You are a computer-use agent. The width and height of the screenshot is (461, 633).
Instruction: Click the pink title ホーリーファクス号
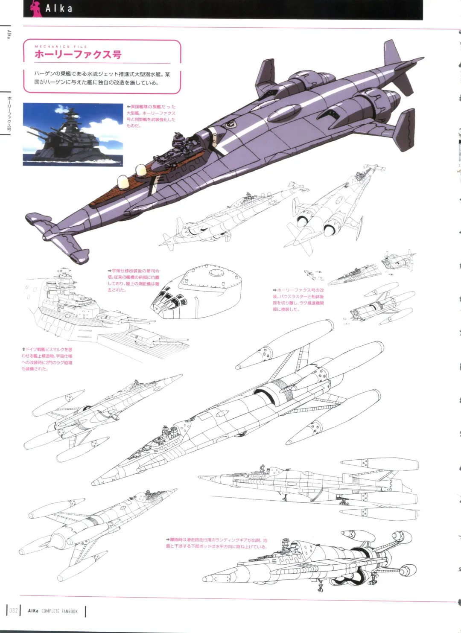click(78, 54)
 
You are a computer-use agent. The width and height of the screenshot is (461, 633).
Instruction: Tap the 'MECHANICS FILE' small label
click(61, 47)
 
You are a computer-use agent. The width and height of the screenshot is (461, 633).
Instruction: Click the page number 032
click(14, 611)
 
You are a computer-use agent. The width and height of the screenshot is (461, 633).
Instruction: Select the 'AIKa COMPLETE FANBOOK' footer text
click(53, 611)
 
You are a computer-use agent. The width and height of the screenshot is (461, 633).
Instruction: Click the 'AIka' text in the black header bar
click(59, 9)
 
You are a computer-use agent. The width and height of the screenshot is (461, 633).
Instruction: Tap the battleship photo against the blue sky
click(73, 134)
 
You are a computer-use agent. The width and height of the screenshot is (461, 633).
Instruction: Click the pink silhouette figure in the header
click(37, 9)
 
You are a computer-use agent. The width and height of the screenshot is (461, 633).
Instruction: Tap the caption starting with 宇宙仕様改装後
click(134, 280)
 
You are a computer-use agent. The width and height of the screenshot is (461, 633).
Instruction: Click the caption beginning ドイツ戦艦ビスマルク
click(47, 359)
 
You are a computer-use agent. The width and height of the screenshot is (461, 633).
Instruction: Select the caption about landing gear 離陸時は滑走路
click(216, 543)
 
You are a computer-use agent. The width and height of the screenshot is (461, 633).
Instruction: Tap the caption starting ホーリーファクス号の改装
click(298, 300)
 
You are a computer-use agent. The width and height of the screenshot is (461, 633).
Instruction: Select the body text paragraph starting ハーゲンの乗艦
click(102, 78)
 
